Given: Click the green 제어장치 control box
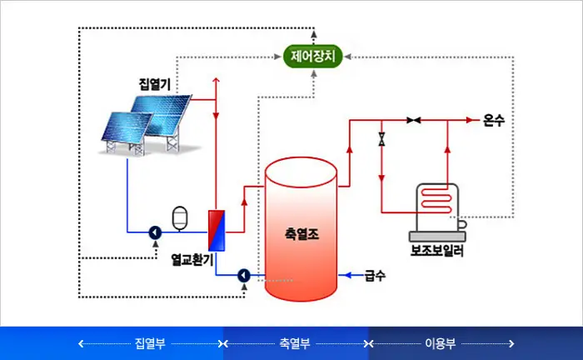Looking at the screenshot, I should point(312,57).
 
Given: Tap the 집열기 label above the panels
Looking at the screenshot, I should point(155,83).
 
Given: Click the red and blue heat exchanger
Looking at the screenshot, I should point(216,229).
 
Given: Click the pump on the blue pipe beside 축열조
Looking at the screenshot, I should point(244,275).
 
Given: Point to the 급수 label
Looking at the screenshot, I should point(375,275).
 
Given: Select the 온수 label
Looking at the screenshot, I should point(494,121).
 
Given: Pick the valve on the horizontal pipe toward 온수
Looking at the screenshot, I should point(413,121).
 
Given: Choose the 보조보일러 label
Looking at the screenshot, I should point(437,248).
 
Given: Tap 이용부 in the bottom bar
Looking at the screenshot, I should point(441,342).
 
